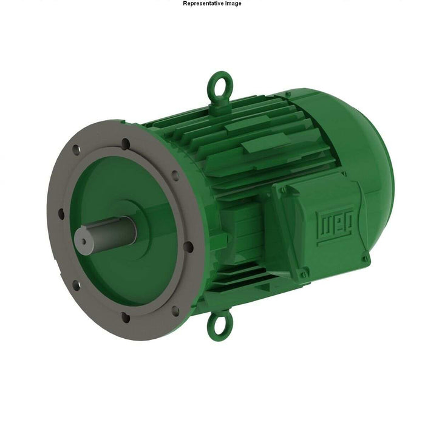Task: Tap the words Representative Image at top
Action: pos(212,4)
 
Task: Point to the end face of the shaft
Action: pos(83,240)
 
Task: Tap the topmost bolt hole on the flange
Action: pos(126,143)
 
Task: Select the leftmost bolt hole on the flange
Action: pos(61,213)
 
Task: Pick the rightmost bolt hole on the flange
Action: pos(188,246)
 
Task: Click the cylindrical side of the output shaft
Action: pos(106,231)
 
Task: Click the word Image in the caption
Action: pos(231,4)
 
